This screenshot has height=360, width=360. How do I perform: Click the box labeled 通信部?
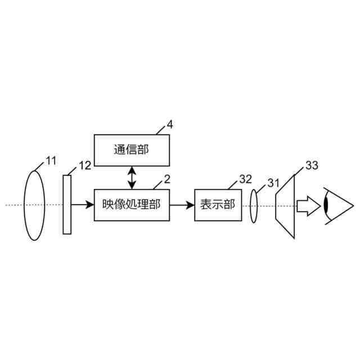(x=132, y=150)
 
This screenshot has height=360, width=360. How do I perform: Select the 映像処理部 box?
(x=132, y=205)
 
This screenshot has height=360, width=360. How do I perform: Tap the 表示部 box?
(x=217, y=205)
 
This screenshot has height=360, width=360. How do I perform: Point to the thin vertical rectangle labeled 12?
(x=67, y=204)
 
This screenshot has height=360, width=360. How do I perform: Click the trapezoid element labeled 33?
(x=285, y=206)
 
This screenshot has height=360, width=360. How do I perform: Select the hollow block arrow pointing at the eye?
(x=307, y=205)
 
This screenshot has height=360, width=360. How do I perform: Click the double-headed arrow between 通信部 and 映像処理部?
(x=132, y=178)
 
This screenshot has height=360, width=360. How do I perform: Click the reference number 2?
(x=166, y=179)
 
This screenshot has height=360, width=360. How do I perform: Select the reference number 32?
(x=245, y=179)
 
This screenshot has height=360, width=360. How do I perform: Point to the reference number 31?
(x=273, y=182)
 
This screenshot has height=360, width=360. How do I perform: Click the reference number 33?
(x=312, y=165)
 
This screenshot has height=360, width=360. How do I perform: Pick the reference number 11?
(x=51, y=161)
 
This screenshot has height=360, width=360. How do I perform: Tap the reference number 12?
(x=84, y=165)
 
